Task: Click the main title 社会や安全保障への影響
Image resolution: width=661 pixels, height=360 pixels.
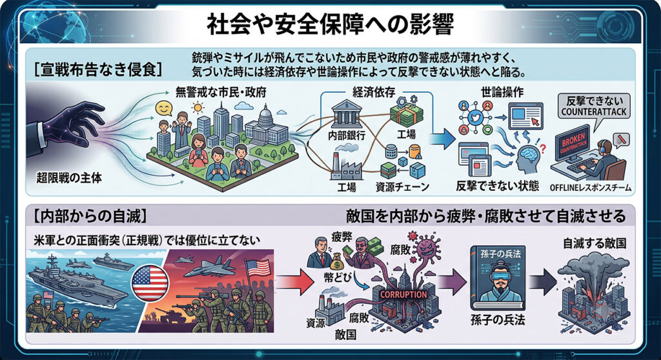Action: [330, 25]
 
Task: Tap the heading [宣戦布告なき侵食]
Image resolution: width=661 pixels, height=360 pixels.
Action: [98, 70]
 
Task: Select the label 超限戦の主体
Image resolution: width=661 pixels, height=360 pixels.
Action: [69, 178]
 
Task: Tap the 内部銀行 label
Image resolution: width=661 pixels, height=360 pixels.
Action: [347, 135]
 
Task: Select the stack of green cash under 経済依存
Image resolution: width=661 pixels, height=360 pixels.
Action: [407, 113]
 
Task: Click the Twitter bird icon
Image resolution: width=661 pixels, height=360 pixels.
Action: [476, 118]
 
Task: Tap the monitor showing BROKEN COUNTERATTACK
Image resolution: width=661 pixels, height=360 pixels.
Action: [573, 143]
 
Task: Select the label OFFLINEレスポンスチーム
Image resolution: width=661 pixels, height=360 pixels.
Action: [590, 188]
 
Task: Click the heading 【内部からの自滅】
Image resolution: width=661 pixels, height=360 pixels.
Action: [90, 216]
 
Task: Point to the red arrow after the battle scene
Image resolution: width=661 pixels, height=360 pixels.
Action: [296, 281]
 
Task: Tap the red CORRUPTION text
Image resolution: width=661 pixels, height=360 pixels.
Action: [403, 295]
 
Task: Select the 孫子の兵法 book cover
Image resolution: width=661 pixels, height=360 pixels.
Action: [498, 278]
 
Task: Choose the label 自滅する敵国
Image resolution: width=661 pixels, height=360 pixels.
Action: [595, 243]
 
